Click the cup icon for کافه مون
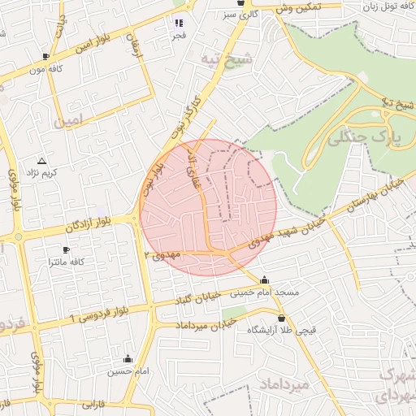[x=45, y=56]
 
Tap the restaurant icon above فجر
[x=179, y=23]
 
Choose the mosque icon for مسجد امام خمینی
[x=263, y=281]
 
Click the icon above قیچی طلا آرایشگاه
[x=281, y=318]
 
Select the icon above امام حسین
[x=128, y=358]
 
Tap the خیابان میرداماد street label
[x=206, y=323]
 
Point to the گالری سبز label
[x=243, y=15]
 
